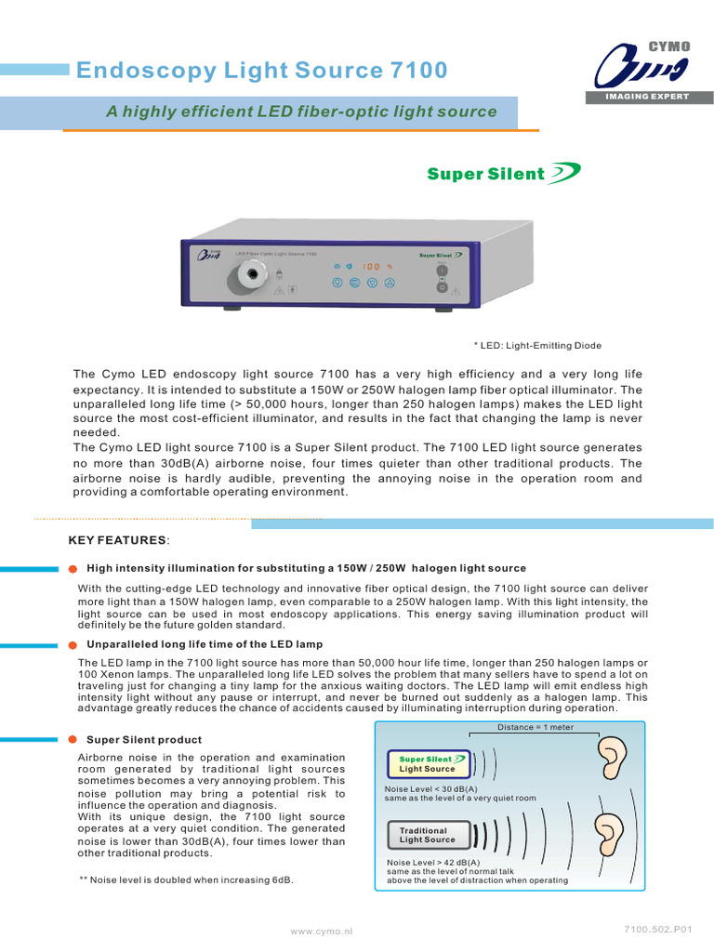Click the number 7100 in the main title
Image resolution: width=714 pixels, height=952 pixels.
click(x=416, y=71)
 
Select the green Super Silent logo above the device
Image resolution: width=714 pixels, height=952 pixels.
click(x=503, y=173)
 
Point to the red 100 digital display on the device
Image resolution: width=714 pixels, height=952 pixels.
click(x=371, y=266)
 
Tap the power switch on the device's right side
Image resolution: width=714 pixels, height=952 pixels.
click(x=443, y=271)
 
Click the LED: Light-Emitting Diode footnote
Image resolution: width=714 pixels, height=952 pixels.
click(x=537, y=345)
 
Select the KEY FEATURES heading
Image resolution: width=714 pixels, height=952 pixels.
click(x=119, y=540)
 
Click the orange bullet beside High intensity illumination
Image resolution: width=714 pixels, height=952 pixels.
click(x=73, y=569)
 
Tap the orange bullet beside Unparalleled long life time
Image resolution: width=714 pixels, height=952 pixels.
click(x=73, y=644)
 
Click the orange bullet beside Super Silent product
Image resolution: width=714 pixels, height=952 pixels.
click(x=73, y=740)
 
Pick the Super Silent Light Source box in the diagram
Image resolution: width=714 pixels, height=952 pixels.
click(x=427, y=764)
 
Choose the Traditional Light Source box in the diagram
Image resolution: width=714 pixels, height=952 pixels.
click(x=427, y=835)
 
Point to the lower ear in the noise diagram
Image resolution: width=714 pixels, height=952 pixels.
click(x=609, y=832)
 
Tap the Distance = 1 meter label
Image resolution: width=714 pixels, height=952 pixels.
click(x=535, y=727)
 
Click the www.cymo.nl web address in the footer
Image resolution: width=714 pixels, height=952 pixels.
click(x=322, y=931)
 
